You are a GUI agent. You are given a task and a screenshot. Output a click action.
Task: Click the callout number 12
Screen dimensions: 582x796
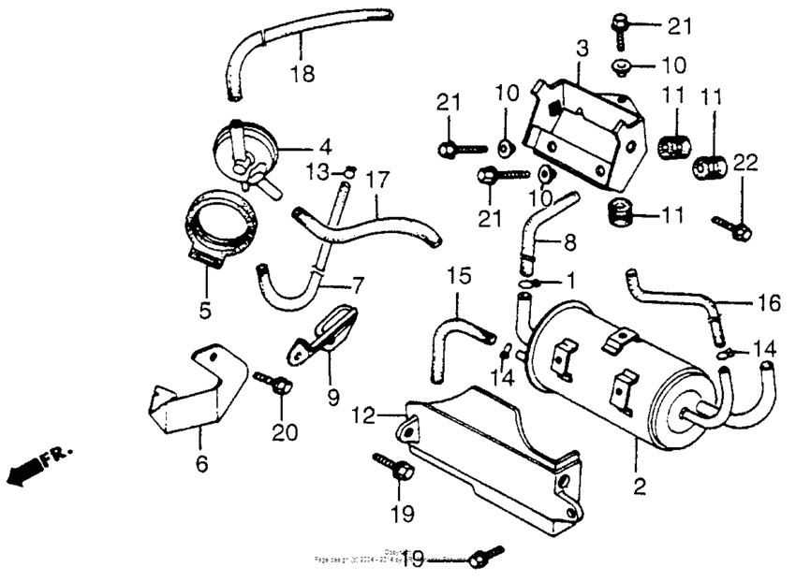[x=363, y=413]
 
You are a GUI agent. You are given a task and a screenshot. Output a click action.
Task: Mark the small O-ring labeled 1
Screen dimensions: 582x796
[x=526, y=283]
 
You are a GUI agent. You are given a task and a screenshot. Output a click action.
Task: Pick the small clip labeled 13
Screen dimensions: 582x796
[x=347, y=170]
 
